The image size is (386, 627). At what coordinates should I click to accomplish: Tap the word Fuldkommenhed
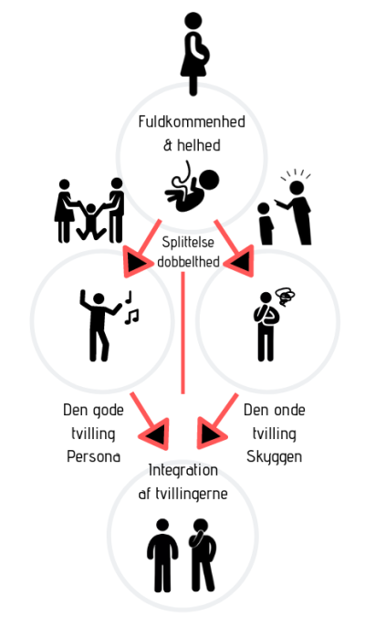coord(192,121)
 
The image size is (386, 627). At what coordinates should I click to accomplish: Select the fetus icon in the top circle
coord(192,186)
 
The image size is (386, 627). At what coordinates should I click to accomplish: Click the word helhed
coord(198,145)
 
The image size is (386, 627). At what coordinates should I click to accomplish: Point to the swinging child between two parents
coord(91,222)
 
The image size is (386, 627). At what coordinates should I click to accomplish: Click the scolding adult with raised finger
coord(295,212)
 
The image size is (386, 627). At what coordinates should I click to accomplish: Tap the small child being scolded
coord(265,224)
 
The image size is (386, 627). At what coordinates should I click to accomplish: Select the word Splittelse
coord(188,243)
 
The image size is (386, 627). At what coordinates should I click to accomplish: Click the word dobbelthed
coord(188,262)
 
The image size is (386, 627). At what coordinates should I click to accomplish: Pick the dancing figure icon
coord(99,325)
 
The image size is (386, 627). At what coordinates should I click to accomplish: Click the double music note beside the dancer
coord(131,317)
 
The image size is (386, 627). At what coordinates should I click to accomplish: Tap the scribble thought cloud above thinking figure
coord(286,297)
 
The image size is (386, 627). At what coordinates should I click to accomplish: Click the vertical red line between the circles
coord(183,333)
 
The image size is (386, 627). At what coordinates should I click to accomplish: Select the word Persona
coord(94,456)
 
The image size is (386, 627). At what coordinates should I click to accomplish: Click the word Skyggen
coord(274,457)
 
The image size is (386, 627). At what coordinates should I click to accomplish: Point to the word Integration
coord(183,470)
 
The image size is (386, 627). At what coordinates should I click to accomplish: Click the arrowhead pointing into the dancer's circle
coord(136,262)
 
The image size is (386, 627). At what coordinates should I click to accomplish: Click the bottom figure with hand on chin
coord(203,556)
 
